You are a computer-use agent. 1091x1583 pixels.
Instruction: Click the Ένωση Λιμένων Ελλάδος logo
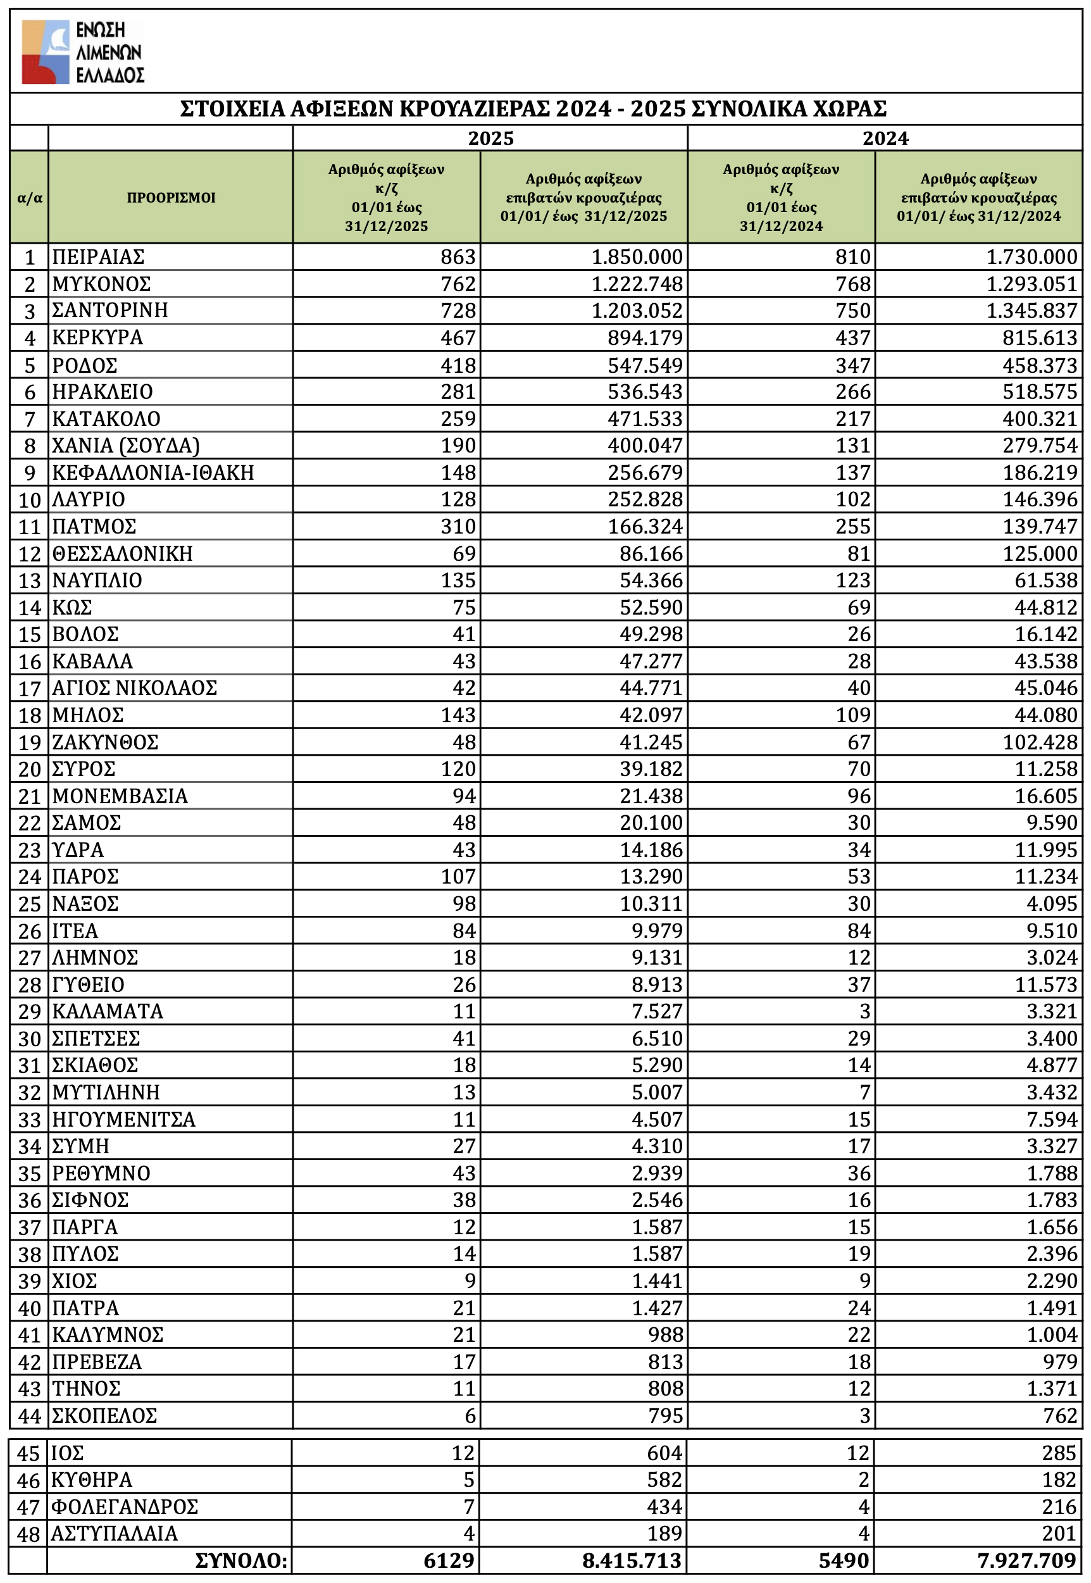click(83, 52)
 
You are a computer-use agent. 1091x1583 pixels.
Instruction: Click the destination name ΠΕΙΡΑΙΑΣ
click(99, 257)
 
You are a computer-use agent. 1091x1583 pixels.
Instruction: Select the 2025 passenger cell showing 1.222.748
click(637, 284)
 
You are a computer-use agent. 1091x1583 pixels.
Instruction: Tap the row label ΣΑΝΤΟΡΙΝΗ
click(110, 310)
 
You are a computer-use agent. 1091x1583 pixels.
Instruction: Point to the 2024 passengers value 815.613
click(1040, 337)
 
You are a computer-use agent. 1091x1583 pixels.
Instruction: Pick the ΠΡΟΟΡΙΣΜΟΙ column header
click(171, 197)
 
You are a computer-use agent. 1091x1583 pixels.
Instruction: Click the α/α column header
click(29, 198)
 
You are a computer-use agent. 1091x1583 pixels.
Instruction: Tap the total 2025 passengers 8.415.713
click(632, 1561)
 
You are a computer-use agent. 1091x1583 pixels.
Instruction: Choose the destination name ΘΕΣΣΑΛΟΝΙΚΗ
click(122, 554)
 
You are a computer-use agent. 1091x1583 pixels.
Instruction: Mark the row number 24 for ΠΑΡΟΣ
click(29, 877)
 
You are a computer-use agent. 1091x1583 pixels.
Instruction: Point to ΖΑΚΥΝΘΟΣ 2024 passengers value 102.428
click(1040, 742)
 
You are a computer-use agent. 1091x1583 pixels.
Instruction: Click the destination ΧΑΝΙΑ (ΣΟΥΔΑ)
click(126, 446)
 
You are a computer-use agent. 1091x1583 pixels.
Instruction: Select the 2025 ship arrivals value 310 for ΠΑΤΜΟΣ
click(458, 527)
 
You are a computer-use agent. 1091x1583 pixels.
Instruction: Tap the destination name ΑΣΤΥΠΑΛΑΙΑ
click(114, 1534)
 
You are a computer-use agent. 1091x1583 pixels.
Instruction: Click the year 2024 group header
click(885, 138)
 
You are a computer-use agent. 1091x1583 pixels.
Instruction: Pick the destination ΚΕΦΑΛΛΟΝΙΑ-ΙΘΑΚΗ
click(153, 472)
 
